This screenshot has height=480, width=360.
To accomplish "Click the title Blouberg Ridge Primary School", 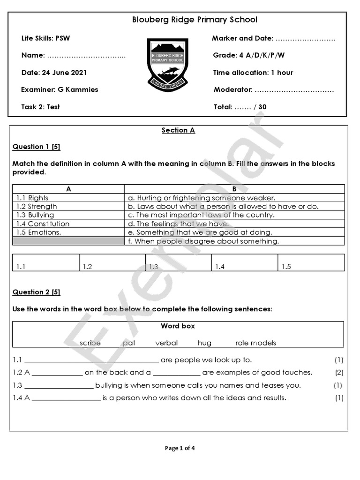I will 195,20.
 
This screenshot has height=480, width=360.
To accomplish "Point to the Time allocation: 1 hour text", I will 253,73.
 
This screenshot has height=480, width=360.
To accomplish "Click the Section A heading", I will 178,130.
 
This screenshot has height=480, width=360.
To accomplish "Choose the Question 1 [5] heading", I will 36,147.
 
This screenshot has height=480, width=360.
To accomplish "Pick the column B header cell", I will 234,189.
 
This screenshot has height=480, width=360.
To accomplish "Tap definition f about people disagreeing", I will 203,241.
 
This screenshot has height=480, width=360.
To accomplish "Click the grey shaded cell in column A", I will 68,241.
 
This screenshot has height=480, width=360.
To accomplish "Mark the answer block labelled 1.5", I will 311,262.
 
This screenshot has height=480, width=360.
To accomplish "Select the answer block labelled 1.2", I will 112,262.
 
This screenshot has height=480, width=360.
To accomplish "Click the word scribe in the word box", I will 90,343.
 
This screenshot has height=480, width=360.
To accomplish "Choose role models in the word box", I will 255,343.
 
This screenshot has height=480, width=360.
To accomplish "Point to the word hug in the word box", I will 204,343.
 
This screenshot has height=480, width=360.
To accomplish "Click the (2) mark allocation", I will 339,373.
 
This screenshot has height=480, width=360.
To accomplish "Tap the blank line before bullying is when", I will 59,386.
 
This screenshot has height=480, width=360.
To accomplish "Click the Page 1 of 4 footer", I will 180,448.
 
